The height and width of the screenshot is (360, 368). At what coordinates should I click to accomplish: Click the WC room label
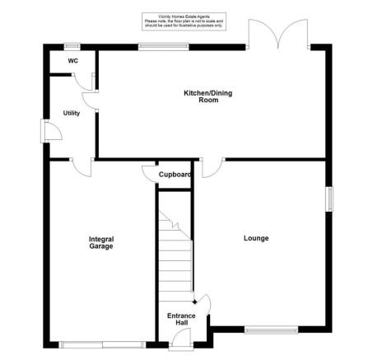click(x=73, y=61)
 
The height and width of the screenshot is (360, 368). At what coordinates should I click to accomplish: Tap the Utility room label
click(x=72, y=113)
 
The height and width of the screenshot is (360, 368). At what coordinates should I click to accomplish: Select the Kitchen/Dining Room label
click(x=207, y=96)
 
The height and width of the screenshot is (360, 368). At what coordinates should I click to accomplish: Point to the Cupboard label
click(x=175, y=175)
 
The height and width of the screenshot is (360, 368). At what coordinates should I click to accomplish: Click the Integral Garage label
click(x=101, y=242)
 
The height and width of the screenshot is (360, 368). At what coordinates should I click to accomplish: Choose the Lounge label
click(x=256, y=239)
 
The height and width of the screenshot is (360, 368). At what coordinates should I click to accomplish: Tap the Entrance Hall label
click(x=181, y=320)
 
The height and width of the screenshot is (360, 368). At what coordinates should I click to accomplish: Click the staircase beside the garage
click(x=175, y=247)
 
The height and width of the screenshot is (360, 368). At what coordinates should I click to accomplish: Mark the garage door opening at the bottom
click(x=102, y=344)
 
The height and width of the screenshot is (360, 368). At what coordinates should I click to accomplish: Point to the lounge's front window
click(x=269, y=331)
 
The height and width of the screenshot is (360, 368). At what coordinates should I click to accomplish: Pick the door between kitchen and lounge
click(x=210, y=165)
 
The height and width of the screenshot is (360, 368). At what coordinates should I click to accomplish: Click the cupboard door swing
click(x=148, y=173)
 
